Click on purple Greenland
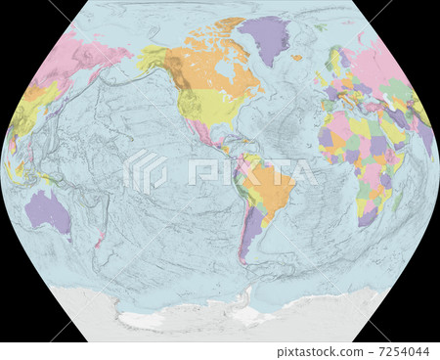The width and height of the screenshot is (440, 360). [x=263, y=37]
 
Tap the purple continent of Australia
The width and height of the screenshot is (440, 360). [x=47, y=209]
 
